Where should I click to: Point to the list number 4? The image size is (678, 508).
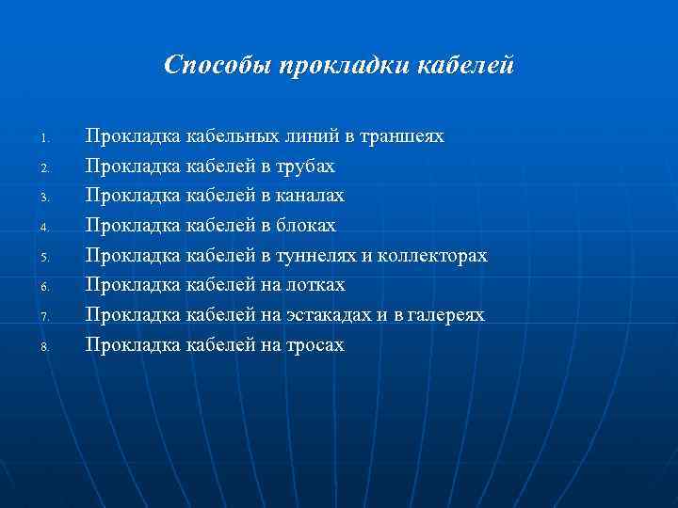[43, 227]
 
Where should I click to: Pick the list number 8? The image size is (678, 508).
[43, 347]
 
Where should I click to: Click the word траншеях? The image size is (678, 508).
[401, 136]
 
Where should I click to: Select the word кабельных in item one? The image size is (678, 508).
[231, 136]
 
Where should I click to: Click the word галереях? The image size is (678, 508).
[447, 315]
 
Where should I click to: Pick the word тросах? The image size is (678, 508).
[315, 345]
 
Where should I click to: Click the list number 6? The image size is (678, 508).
[43, 287]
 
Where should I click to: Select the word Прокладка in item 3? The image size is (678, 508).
[133, 196]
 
